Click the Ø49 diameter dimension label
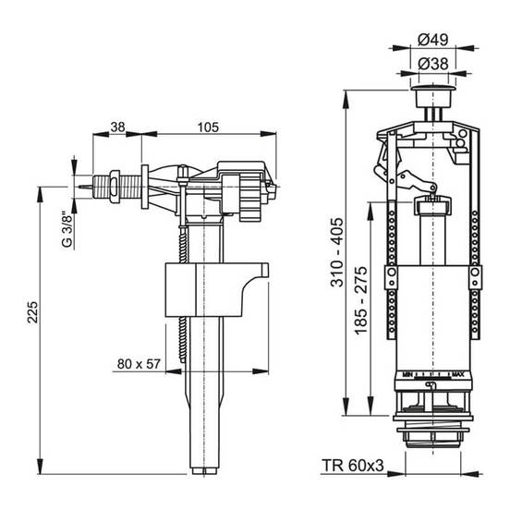click(433, 40)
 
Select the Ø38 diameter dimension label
click(433, 64)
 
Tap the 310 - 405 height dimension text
click(336, 252)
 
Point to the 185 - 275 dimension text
click(361, 300)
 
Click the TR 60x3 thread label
click(353, 466)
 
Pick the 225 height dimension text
click(32, 312)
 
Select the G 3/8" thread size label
click(67, 230)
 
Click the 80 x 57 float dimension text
click(139, 364)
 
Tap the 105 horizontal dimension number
click(208, 127)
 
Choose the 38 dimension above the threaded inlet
click(117, 127)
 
